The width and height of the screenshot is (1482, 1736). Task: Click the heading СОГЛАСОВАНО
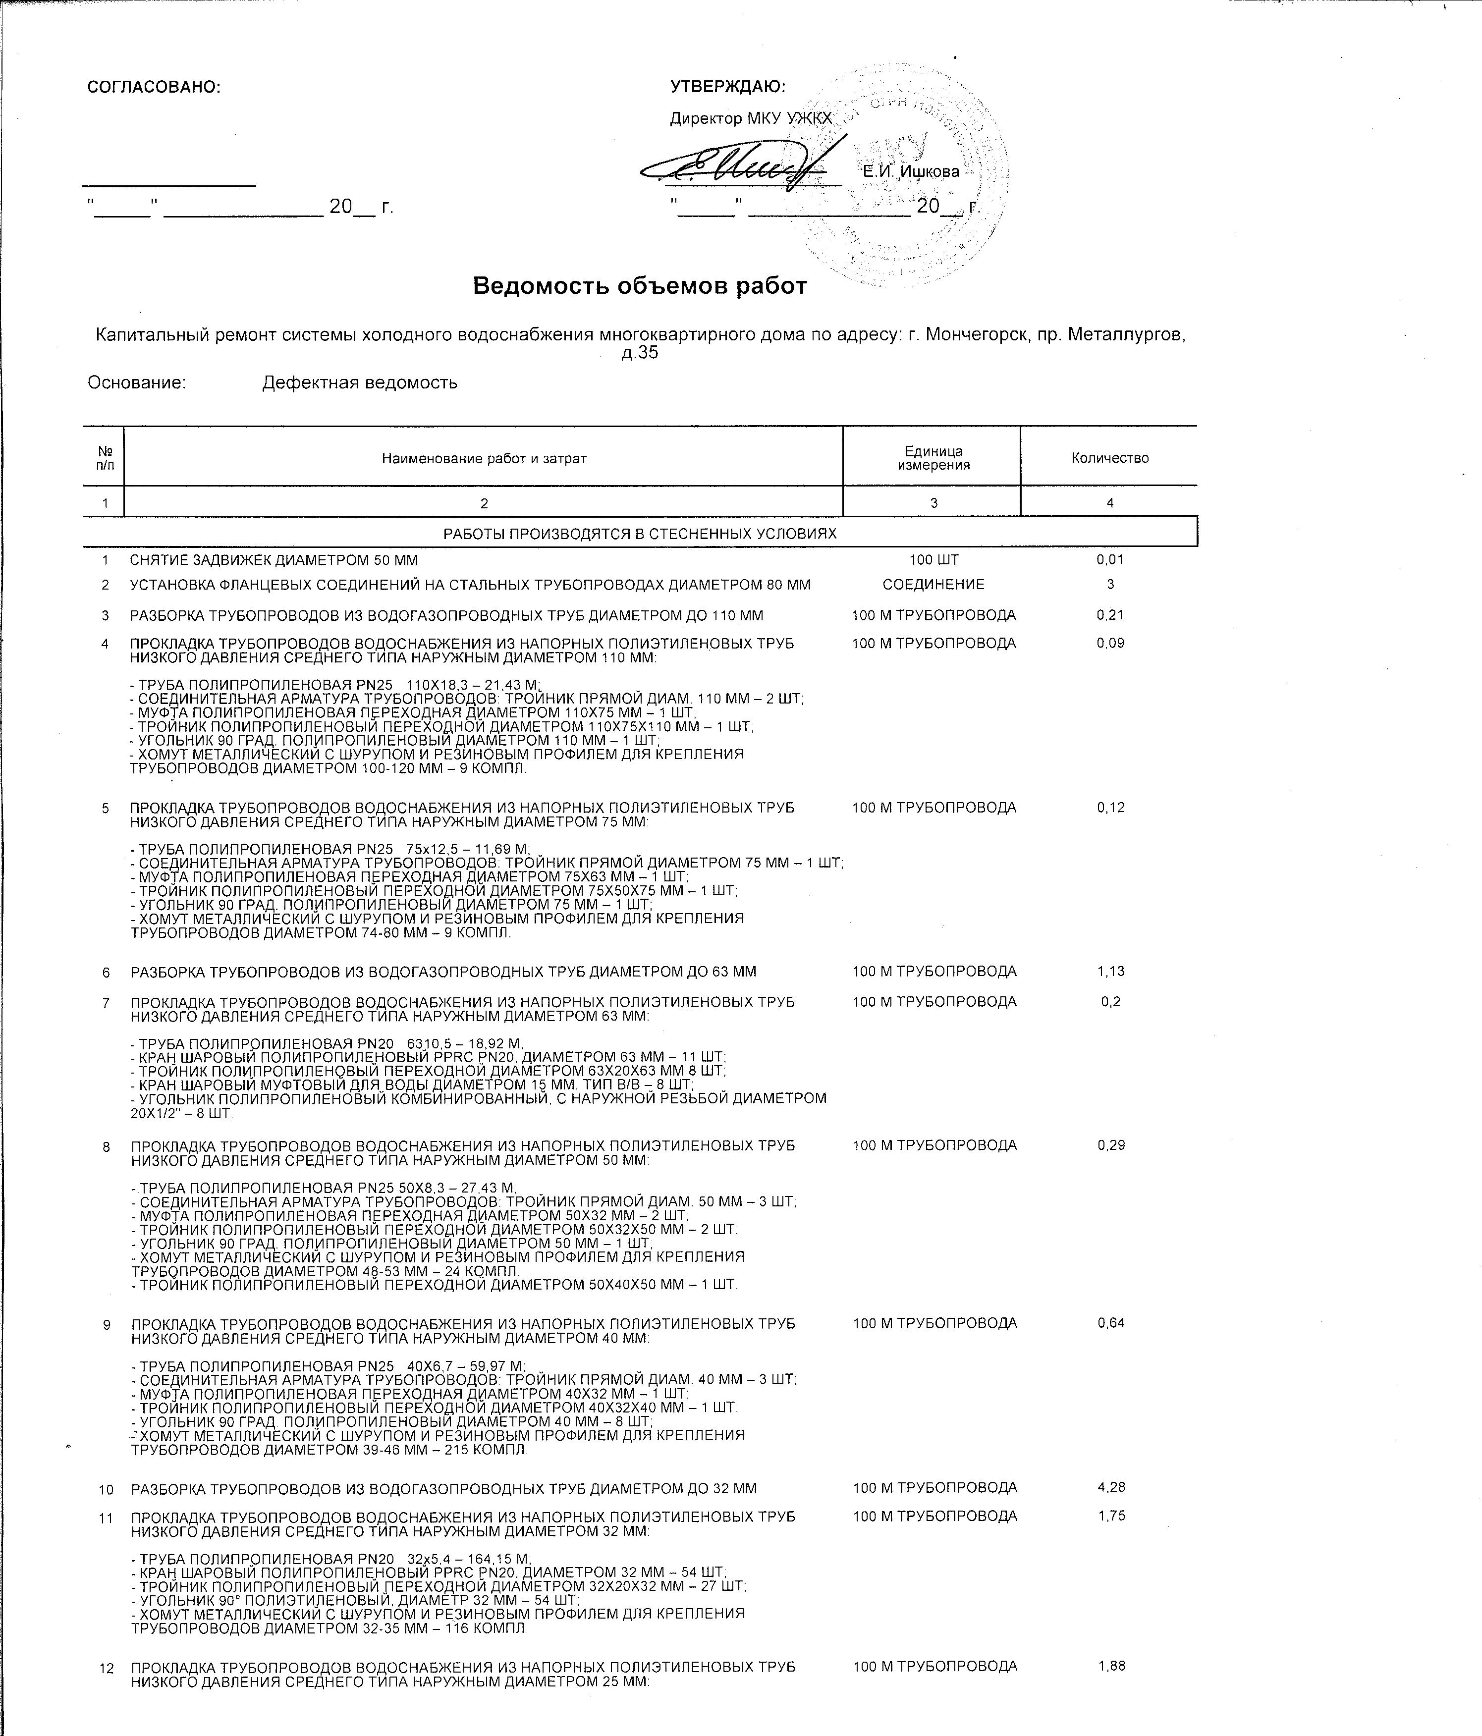(153, 86)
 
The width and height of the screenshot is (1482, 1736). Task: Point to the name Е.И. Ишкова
(911, 172)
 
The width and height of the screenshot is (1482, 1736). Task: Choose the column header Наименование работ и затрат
(484, 458)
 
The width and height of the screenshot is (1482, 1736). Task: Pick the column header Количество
(1109, 458)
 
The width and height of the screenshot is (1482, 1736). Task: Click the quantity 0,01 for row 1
(1109, 560)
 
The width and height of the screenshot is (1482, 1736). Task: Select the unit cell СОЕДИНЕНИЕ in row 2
(933, 585)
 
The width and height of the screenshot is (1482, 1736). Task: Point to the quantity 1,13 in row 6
(1110, 972)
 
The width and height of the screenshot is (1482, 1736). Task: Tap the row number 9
(107, 1325)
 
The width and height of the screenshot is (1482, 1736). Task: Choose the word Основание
(137, 383)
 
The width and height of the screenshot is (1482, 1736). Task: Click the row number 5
(106, 809)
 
